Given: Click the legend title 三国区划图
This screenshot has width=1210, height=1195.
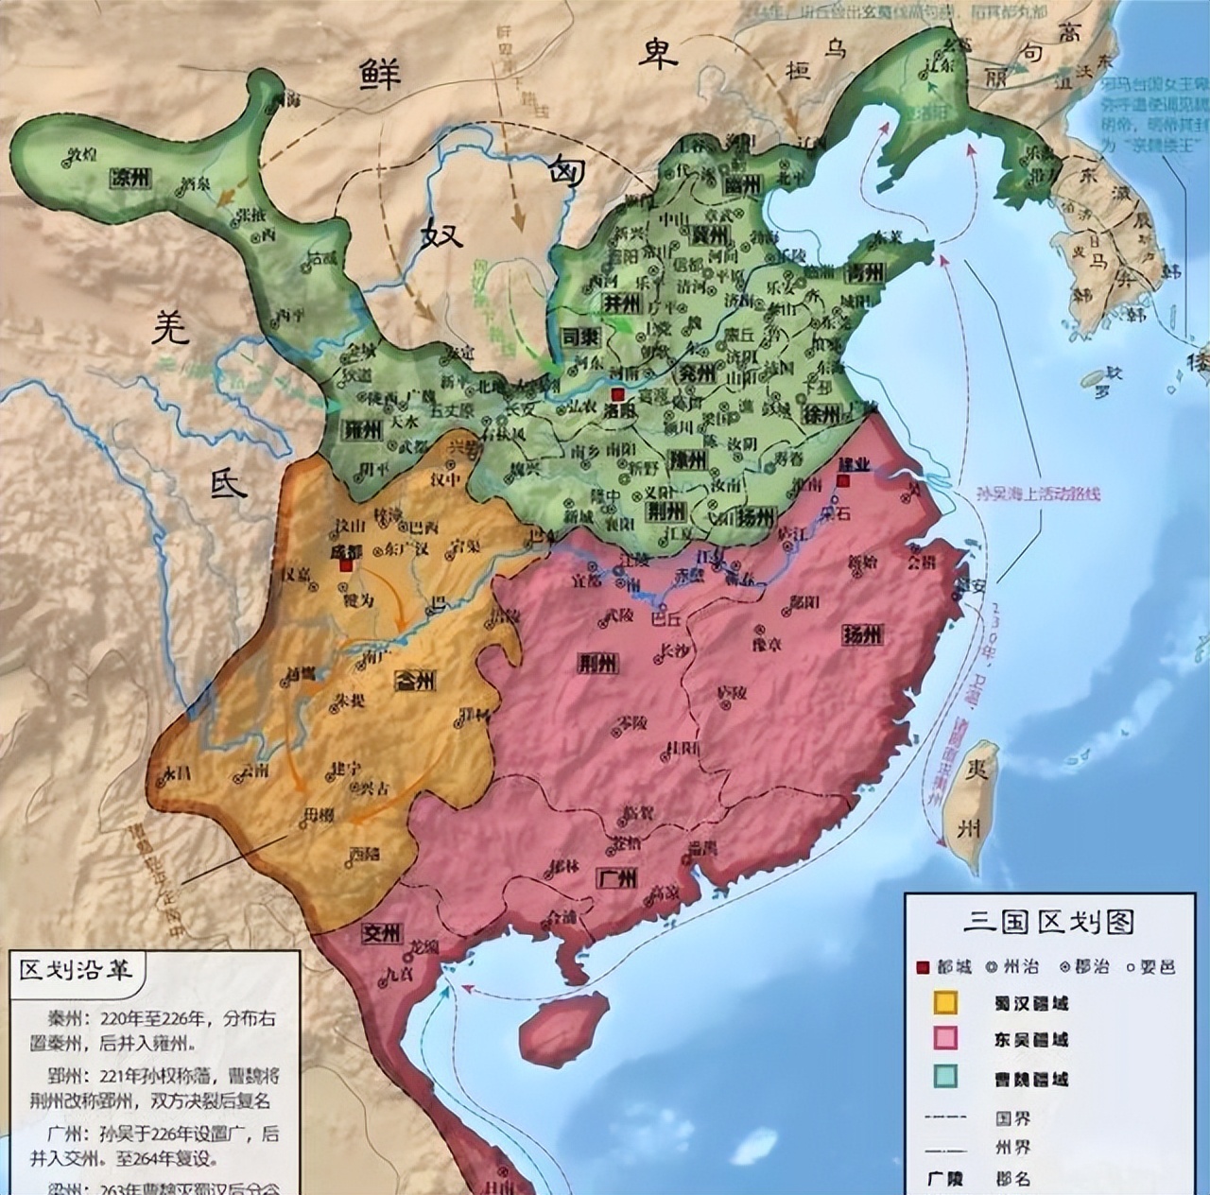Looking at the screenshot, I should pos(1047,920).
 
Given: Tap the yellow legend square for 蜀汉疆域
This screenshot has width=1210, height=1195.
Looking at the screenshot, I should pos(945,1002).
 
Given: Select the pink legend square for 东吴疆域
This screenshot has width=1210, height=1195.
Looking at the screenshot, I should pos(945,1039).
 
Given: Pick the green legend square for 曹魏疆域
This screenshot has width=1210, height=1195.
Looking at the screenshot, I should pos(945,1077).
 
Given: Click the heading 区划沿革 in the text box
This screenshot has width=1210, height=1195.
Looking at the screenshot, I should pos(77,970).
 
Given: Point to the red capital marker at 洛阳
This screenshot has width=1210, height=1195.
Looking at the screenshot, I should pos(617,394).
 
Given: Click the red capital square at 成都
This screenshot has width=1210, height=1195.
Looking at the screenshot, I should pos(347,564).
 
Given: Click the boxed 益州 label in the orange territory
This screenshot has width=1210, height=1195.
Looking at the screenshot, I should pos(414,680).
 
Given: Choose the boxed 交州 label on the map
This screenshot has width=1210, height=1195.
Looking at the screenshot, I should pos(382,934).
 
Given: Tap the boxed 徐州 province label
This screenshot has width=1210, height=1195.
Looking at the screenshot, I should pos(821,413).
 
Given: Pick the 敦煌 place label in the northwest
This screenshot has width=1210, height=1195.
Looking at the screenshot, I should pos(83,152).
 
